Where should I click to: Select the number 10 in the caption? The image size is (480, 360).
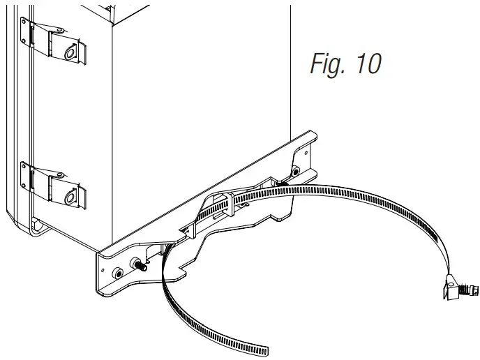(368, 63)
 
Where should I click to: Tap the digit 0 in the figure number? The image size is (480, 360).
(374, 63)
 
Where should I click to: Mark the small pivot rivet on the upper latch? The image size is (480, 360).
(60, 30)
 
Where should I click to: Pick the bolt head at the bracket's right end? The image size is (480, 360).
(296, 172)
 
